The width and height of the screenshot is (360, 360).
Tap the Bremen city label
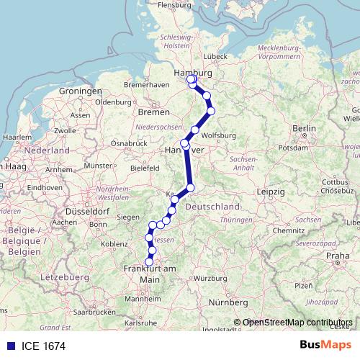coord(153,112)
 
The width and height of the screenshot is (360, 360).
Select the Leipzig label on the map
coord(272,192)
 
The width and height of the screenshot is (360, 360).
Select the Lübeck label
coord(215,55)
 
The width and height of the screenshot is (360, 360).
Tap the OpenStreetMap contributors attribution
coord(297,323)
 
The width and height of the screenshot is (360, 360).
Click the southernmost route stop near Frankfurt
coord(150,261)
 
